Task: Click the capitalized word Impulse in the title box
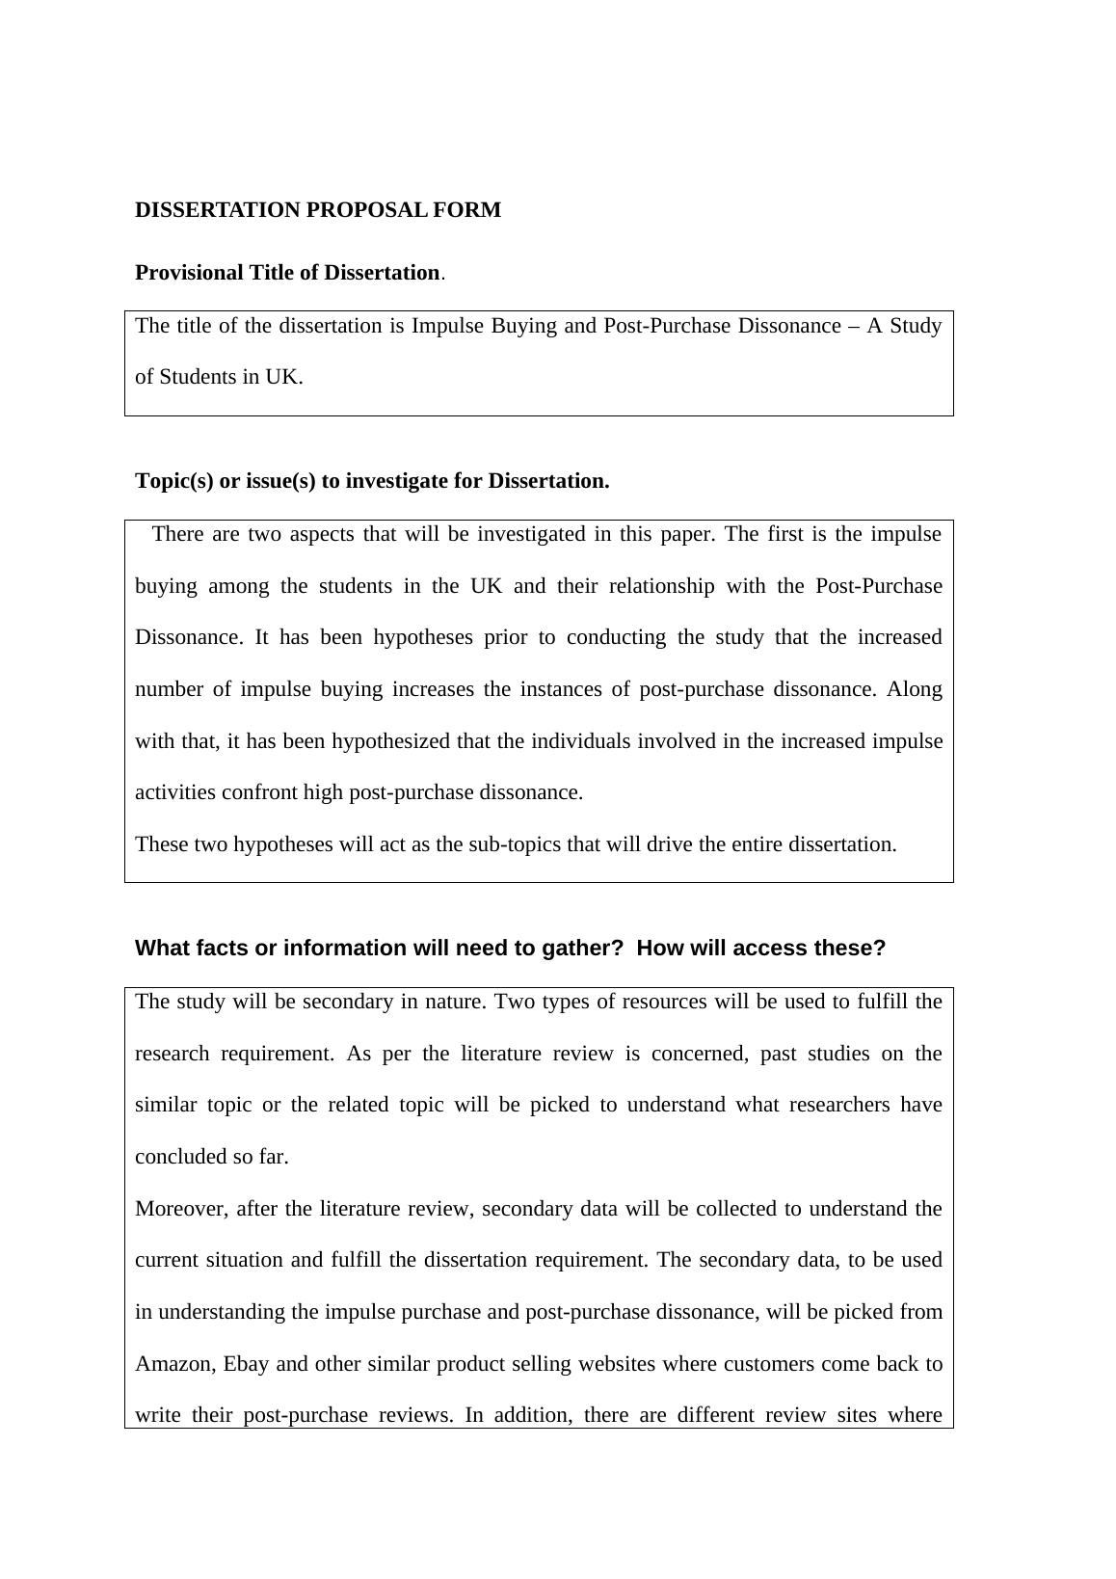coord(448,326)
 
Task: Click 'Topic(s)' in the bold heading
coord(174,481)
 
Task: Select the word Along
coord(915,689)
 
